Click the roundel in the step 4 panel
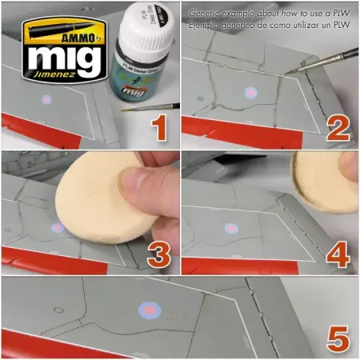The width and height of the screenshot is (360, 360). pos(231,228)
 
